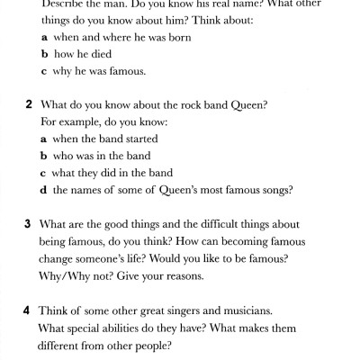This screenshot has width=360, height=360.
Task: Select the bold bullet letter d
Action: [44, 190]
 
